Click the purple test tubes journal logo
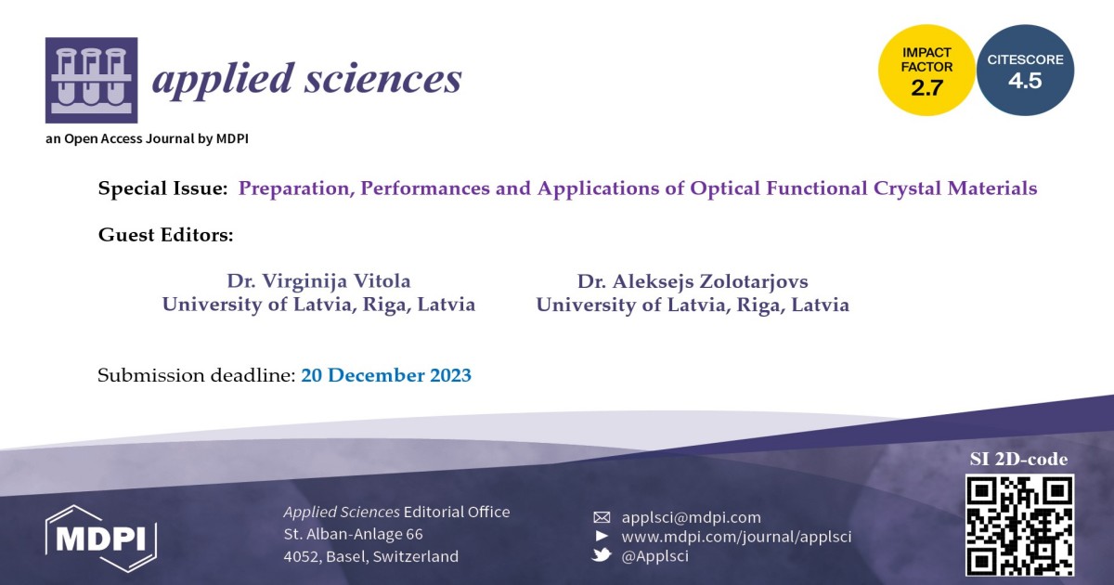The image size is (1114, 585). (91, 81)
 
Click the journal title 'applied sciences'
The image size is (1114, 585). (306, 80)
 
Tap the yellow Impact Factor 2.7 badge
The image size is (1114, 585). (926, 71)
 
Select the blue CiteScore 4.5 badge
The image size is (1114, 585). (1025, 71)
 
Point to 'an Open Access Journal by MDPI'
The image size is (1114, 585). (147, 139)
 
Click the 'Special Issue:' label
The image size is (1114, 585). (163, 188)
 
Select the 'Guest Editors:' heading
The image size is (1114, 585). (165, 235)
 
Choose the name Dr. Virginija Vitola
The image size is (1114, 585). (318, 280)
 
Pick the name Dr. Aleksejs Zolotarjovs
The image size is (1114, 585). (692, 280)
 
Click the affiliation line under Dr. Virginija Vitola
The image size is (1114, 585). (318, 305)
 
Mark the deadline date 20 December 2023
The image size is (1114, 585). (385, 376)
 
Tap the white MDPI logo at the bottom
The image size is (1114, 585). (101, 538)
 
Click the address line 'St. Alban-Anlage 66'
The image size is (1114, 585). (353, 534)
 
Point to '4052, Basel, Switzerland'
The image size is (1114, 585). (370, 557)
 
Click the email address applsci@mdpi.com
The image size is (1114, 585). (691, 517)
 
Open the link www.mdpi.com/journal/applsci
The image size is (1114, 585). (735, 537)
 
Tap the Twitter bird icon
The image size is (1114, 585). (602, 555)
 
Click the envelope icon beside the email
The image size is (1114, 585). (602, 517)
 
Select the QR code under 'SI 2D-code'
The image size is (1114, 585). (1019, 525)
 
